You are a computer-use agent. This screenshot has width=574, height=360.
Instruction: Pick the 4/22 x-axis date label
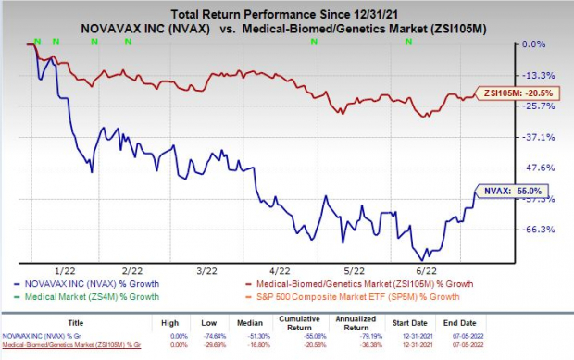[x=260, y=270]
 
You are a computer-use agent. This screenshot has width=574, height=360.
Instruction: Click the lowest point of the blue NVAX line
[x=424, y=259]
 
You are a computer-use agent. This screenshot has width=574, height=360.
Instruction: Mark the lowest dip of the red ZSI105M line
[x=424, y=116]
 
